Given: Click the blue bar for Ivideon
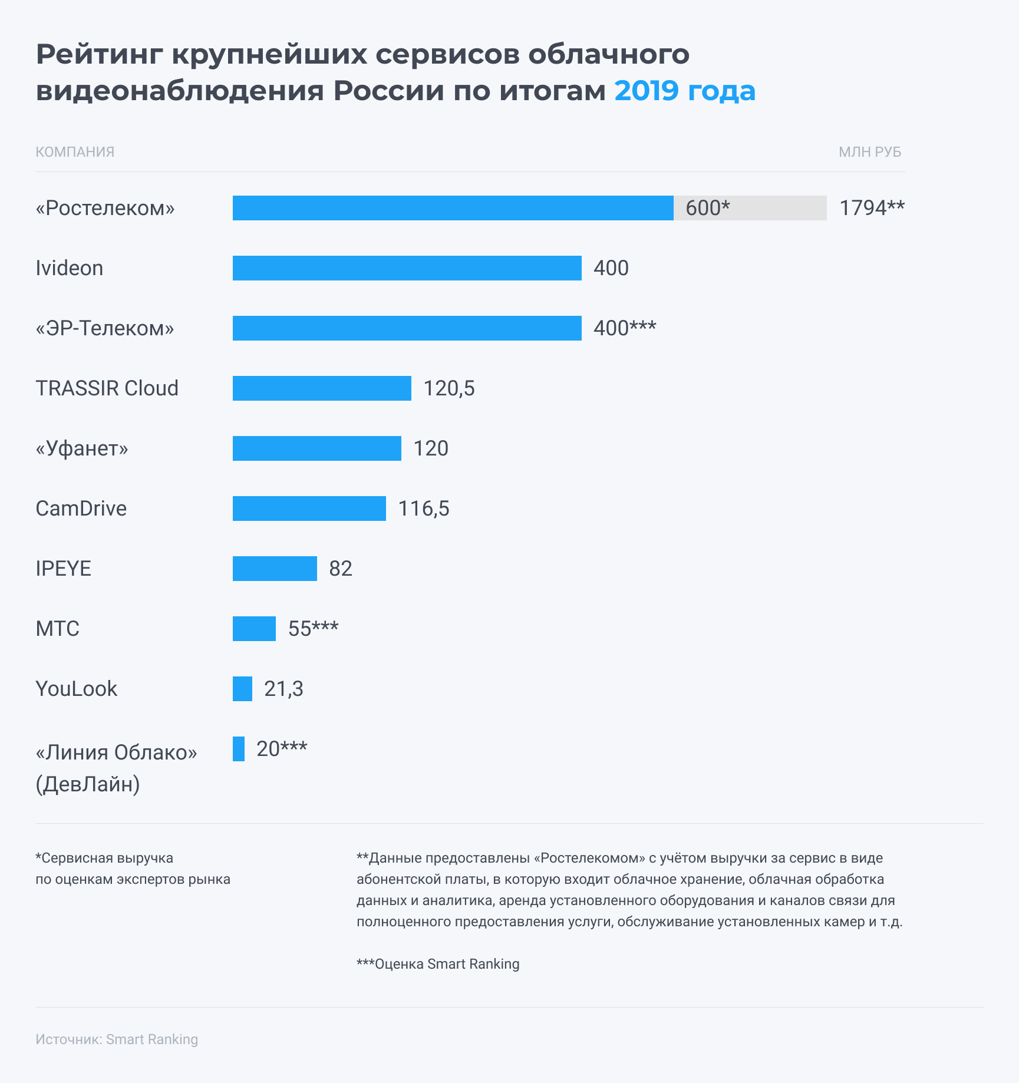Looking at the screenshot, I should pyautogui.click(x=407, y=268).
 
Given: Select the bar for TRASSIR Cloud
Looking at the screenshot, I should pyautogui.click(x=322, y=388).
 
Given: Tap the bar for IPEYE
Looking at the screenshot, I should pyautogui.click(x=275, y=569).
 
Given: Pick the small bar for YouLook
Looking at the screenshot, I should pyautogui.click(x=242, y=689).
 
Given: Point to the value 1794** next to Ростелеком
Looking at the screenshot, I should pyautogui.click(x=872, y=208).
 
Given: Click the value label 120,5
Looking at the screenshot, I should pyautogui.click(x=449, y=388).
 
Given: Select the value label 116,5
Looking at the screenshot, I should pyautogui.click(x=424, y=509).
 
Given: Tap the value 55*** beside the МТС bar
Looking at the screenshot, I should pyautogui.click(x=313, y=629).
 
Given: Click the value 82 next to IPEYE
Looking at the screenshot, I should pyautogui.click(x=341, y=569).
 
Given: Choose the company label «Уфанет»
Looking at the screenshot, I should pyautogui.click(x=82, y=448).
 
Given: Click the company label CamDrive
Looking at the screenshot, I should pyautogui.click(x=81, y=509).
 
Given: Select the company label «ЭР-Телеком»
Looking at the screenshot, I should pyautogui.click(x=105, y=328).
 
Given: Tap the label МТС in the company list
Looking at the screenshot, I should pyautogui.click(x=58, y=629).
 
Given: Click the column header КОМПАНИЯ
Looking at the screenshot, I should pyautogui.click(x=75, y=152).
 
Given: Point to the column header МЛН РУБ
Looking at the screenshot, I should pyautogui.click(x=870, y=152).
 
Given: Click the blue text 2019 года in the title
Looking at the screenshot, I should pyautogui.click(x=685, y=91).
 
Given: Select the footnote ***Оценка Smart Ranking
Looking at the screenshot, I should pyautogui.click(x=438, y=964).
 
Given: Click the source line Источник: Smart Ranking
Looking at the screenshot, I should pyautogui.click(x=117, y=1039).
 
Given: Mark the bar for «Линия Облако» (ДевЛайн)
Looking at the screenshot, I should pyautogui.click(x=239, y=749).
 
